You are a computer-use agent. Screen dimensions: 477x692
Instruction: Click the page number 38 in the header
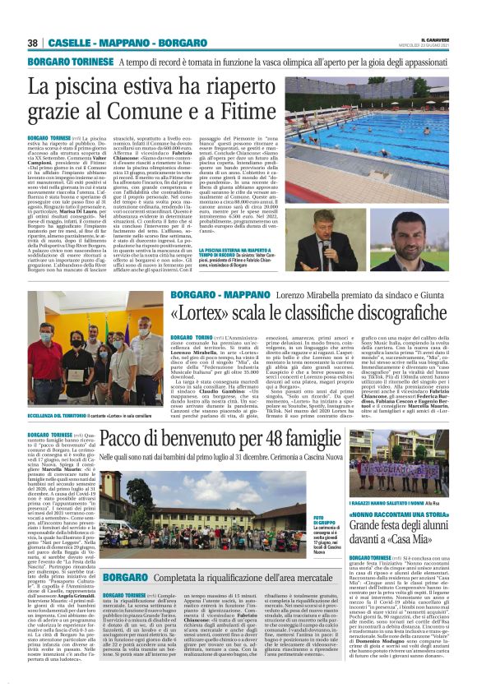[x=33, y=42]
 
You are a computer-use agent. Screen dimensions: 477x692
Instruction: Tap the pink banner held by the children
[x=411, y=469]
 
